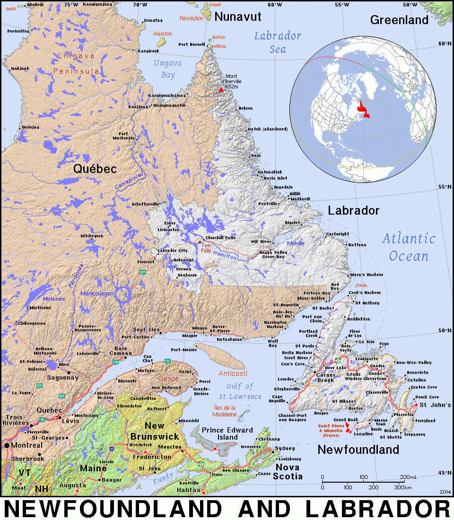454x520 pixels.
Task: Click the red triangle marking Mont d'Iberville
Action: pyautogui.click(x=220, y=89)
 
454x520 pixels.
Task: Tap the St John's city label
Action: pyautogui.click(x=435, y=405)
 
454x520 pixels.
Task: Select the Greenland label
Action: pyautogui.click(x=399, y=20)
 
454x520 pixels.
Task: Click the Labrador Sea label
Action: pyautogui.click(x=278, y=42)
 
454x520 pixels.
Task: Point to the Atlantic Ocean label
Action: pyautogui.click(x=409, y=247)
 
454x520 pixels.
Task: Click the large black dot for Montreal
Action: pyautogui.click(x=7, y=445)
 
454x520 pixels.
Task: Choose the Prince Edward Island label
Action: pyautogui.click(x=227, y=433)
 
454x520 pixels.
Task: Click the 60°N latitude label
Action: pyautogui.click(x=445, y=43)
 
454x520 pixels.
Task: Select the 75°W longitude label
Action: pyautogui.click(x=71, y=4)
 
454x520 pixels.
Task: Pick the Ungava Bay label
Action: pyautogui.click(x=165, y=69)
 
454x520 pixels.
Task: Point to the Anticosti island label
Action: pyautogui.click(x=233, y=373)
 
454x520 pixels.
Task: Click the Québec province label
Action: pyautogui.click(x=95, y=169)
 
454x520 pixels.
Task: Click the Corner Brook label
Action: pyautogui.click(x=325, y=377)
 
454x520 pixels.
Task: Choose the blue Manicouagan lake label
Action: pyautogui.click(x=97, y=294)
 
